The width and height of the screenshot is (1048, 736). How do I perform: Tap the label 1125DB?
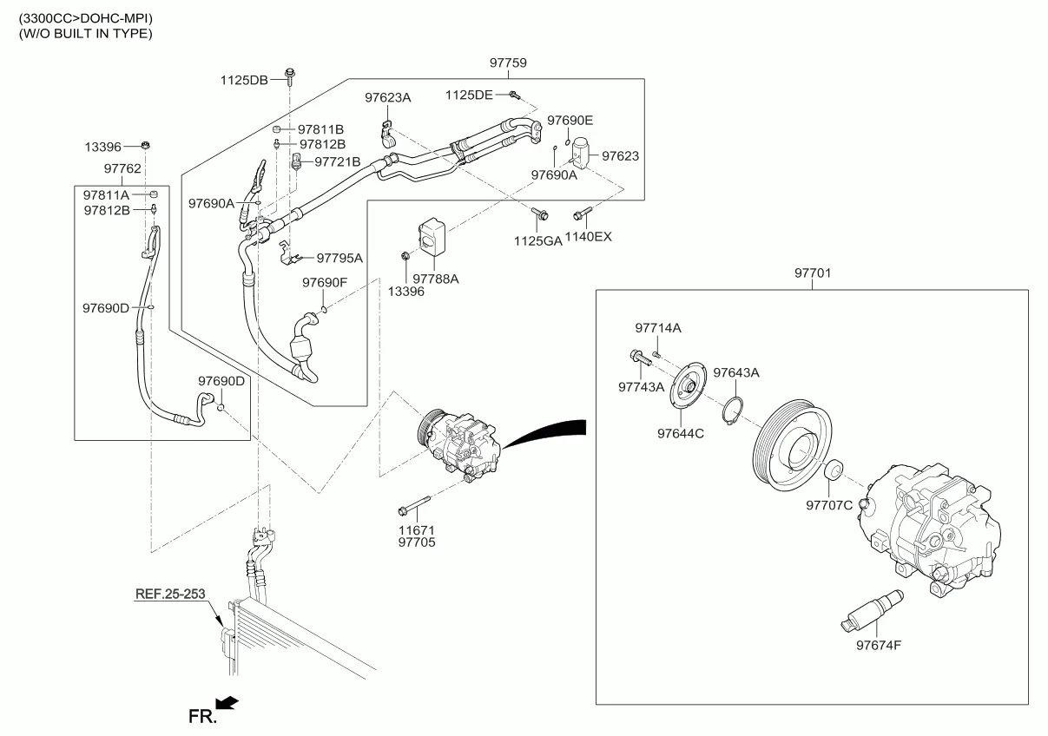click(244, 80)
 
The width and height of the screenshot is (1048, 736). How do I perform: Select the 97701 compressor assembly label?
click(812, 273)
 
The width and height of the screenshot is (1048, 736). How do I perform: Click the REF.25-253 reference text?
click(170, 595)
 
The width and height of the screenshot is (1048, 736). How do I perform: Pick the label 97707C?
click(829, 505)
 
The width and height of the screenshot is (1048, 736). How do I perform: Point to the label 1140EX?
click(589, 236)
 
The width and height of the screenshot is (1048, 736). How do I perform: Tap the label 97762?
click(122, 168)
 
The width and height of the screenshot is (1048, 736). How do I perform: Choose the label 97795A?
click(339, 258)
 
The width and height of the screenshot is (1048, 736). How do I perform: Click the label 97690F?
click(324, 282)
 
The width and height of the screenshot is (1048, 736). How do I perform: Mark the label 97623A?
click(387, 98)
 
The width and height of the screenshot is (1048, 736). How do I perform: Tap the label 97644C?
click(680, 433)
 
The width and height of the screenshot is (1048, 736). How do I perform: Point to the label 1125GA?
click(538, 240)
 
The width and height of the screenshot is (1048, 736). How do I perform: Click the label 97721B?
click(337, 161)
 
